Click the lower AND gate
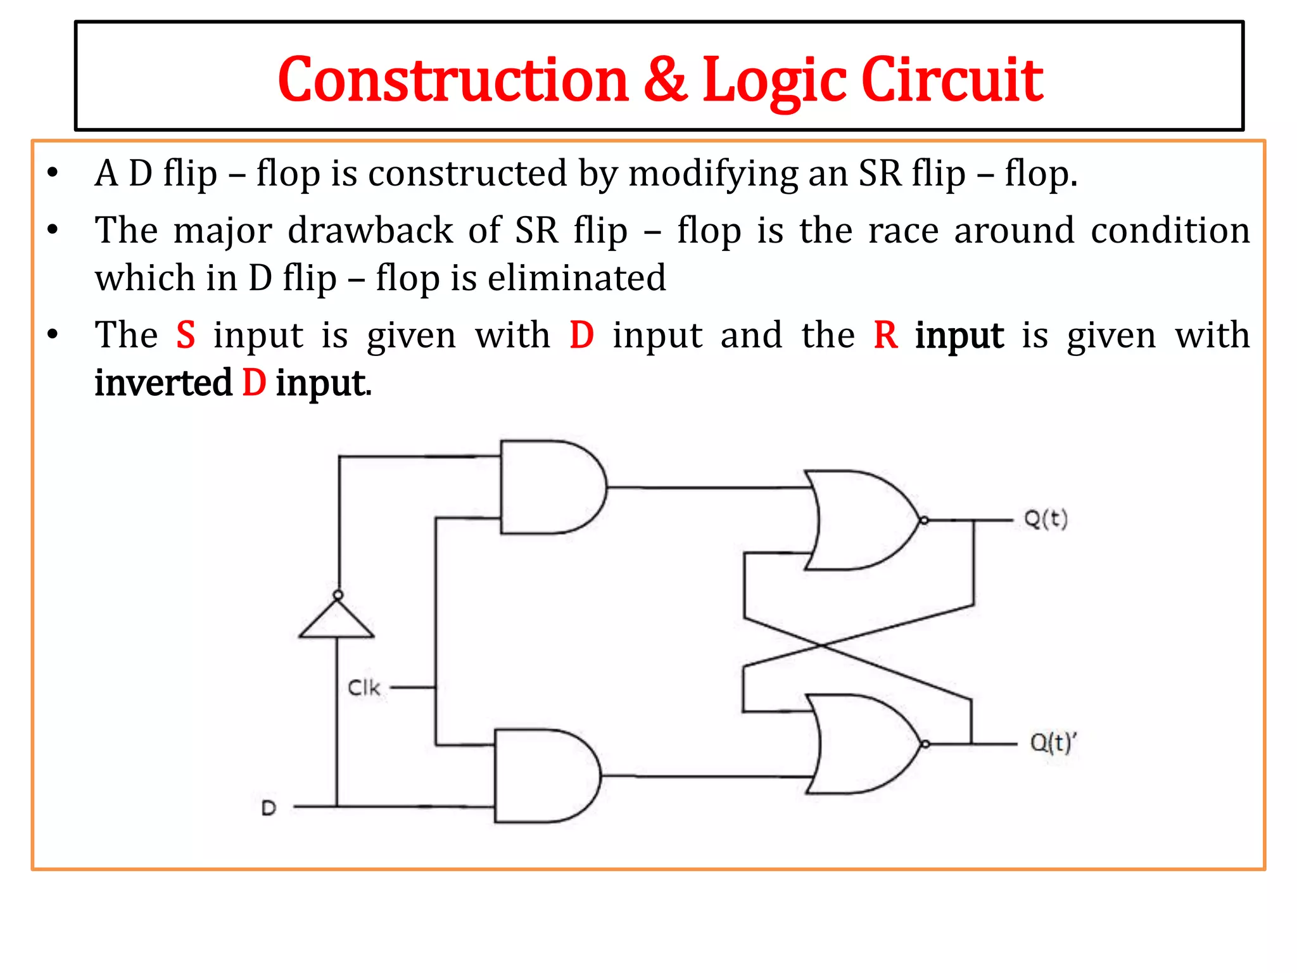point(545,775)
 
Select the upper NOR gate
point(861,520)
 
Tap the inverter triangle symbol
point(337,621)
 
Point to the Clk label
point(364,687)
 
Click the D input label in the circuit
point(269,808)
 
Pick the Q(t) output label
point(1046,519)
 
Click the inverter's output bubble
point(338,595)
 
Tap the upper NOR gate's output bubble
point(924,521)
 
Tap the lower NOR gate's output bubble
point(925,744)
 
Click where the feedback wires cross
point(821,645)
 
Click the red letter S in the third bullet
point(186,335)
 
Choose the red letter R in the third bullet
point(885,335)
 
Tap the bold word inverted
point(163,383)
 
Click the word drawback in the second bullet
point(370,230)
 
